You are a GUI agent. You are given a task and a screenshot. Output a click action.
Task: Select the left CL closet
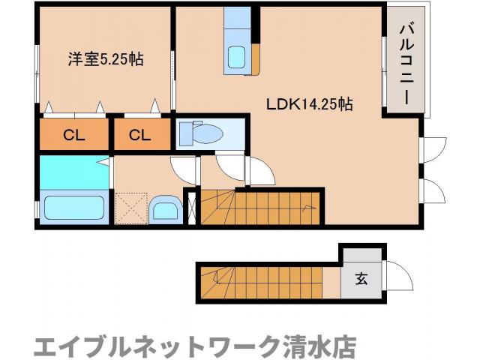click(73, 135)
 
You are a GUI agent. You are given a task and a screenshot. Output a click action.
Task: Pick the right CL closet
click(139, 135)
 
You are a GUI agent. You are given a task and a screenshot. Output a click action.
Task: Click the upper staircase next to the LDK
click(259, 206)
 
